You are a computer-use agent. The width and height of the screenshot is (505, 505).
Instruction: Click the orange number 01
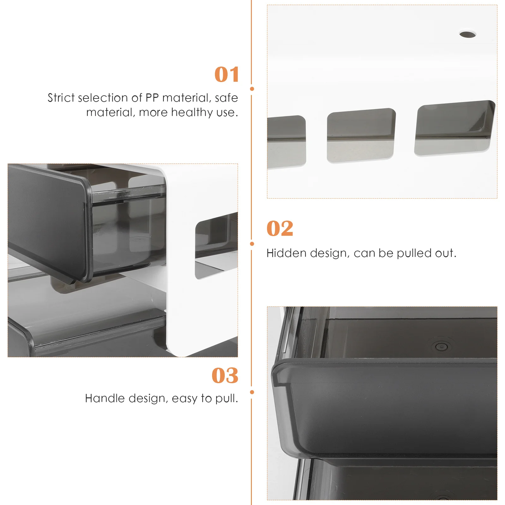[x=226, y=75]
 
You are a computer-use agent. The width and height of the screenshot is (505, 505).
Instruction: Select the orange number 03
[x=225, y=376]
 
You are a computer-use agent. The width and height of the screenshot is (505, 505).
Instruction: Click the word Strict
[x=61, y=98]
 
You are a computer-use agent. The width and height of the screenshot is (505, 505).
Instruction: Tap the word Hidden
[x=286, y=253]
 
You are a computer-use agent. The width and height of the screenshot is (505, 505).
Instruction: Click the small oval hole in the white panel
[x=467, y=34]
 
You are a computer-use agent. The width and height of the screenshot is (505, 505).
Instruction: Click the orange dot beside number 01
[x=252, y=89]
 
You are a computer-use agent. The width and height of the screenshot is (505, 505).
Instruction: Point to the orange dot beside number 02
[x=252, y=244]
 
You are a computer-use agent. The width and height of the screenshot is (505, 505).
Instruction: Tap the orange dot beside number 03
[x=252, y=392]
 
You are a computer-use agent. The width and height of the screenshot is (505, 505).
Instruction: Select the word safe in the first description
[x=226, y=98]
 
